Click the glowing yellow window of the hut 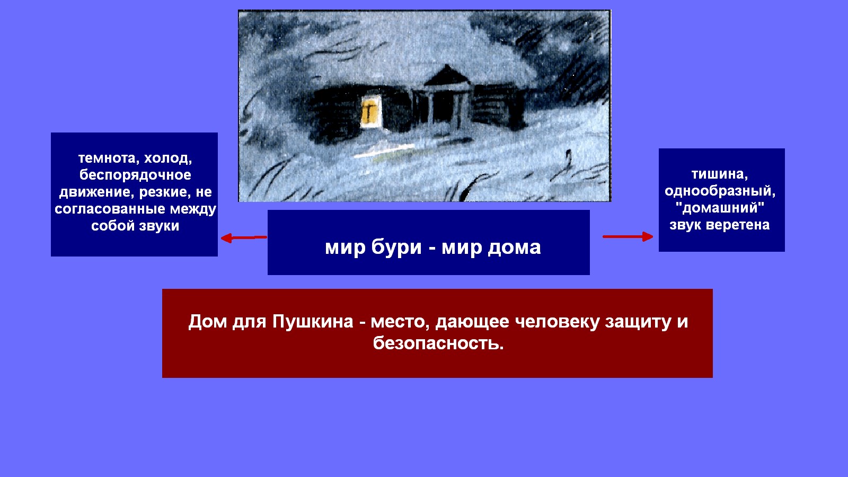pos(370,111)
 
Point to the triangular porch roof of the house pos(447,76)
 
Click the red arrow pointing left pos(244,238)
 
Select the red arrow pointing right pos(628,236)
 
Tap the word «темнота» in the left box pos(106,158)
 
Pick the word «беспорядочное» pos(135,175)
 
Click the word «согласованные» pos(110,209)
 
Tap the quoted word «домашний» pos(720,207)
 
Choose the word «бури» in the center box pos(396,248)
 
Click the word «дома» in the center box pos(514,248)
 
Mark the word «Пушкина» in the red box pos(313,322)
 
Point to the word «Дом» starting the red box pos(207,322)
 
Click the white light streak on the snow pos(384,150)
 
